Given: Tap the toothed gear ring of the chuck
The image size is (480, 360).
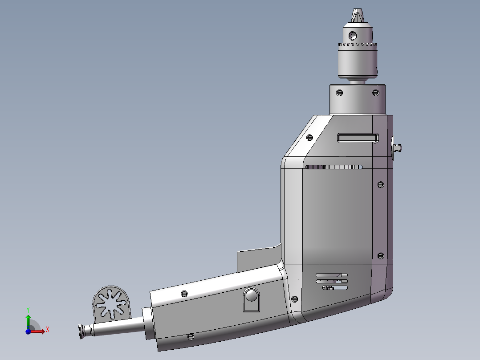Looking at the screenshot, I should [358, 45].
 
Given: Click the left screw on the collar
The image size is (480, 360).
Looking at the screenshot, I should [340, 93].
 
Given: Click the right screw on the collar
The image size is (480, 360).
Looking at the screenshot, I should [375, 93].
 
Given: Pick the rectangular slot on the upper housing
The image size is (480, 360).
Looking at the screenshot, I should [358, 138].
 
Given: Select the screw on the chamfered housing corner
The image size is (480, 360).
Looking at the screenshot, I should [310, 137].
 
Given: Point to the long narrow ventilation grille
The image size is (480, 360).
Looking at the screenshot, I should [334, 167].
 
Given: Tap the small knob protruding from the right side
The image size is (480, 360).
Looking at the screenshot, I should [397, 147].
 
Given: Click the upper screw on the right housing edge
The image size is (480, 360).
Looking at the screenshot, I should [380, 184].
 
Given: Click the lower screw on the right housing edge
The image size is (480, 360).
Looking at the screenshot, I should [380, 256].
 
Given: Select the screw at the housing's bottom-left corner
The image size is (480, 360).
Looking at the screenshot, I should [294, 299].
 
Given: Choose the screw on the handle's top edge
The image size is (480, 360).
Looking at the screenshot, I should [184, 293].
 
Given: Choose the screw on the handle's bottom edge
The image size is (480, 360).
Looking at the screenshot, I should [191, 337].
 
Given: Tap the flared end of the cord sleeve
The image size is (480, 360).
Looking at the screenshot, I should [81, 331].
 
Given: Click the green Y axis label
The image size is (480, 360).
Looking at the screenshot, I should [28, 309].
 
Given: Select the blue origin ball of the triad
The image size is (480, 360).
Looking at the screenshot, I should [28, 331].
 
